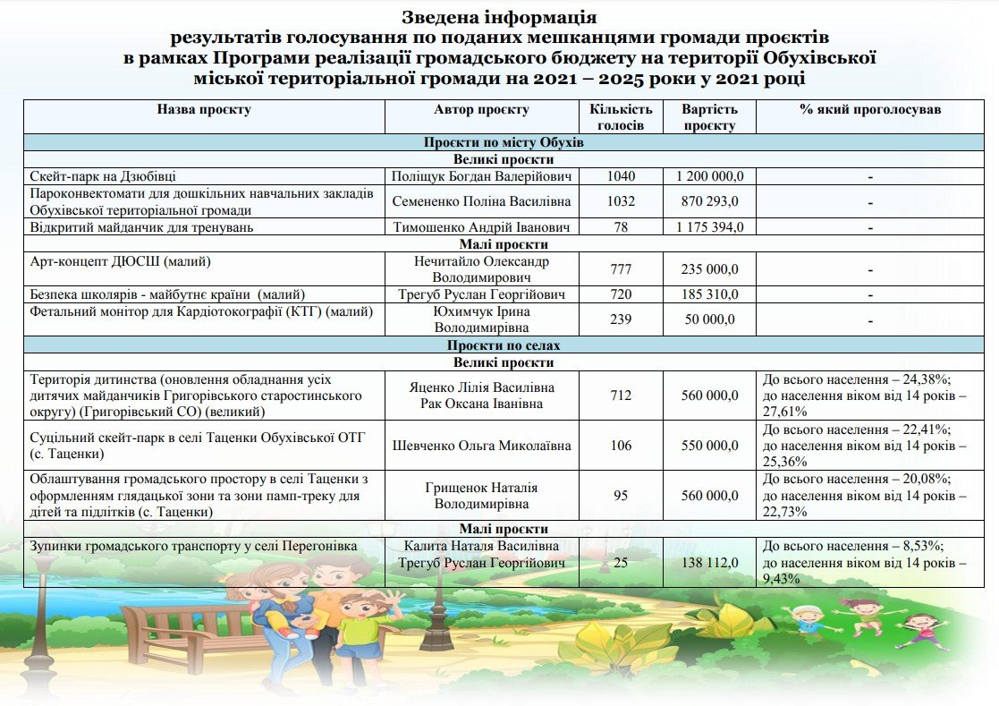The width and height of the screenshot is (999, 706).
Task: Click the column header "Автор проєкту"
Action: tap(481, 110)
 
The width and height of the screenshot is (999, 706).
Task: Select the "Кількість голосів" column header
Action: tap(621, 117)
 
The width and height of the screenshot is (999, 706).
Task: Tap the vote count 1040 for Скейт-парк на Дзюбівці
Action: tap(621, 176)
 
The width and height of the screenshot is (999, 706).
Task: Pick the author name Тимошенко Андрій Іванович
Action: tap(481, 227)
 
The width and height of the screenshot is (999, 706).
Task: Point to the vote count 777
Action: tap(621, 269)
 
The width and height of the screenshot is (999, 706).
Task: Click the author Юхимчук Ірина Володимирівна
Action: tap(481, 319)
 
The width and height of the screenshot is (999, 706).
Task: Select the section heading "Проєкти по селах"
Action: tap(504, 345)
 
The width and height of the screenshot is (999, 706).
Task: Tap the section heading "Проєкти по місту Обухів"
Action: tap(504, 142)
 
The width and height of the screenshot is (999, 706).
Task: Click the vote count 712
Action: tap(621, 396)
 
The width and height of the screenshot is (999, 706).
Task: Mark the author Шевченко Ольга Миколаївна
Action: tap(481, 446)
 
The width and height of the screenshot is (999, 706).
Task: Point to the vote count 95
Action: tap(621, 496)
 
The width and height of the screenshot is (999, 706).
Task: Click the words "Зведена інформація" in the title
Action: tap(499, 17)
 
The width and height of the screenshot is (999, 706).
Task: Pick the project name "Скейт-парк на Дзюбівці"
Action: tap(108, 176)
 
